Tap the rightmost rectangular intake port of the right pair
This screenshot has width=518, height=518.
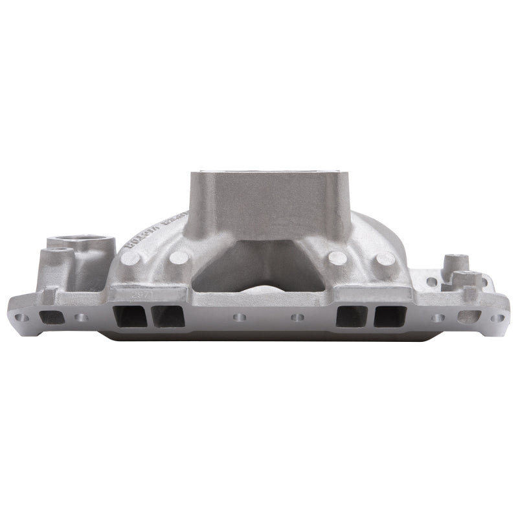[x=391, y=316]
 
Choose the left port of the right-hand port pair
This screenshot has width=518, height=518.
[x=351, y=316]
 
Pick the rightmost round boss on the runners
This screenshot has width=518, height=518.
[x=386, y=258]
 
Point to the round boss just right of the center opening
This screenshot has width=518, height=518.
[x=337, y=257]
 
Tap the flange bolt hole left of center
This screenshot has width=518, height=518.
[x=240, y=318]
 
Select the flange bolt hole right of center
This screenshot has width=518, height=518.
[x=298, y=318]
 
